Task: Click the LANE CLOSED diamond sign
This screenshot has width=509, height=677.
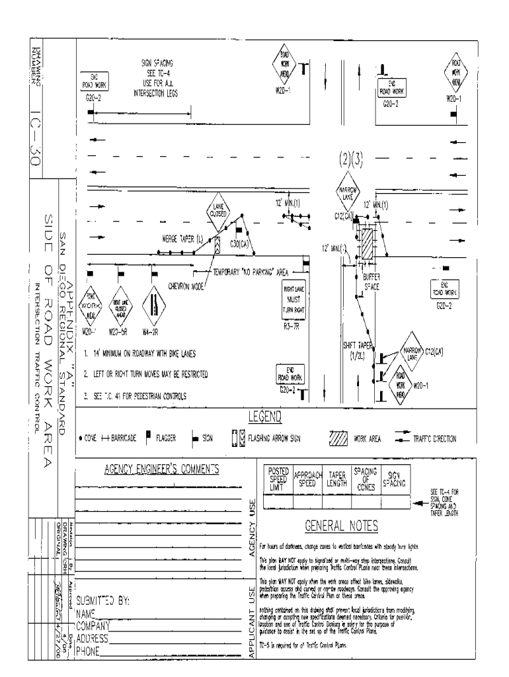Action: click(x=219, y=210)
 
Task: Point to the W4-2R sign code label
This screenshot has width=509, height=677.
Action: click(x=153, y=331)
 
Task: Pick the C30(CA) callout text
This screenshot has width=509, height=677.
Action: click(x=239, y=243)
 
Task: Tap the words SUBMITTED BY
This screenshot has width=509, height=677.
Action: click(x=106, y=601)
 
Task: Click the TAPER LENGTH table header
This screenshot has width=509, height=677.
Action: click(x=337, y=478)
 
